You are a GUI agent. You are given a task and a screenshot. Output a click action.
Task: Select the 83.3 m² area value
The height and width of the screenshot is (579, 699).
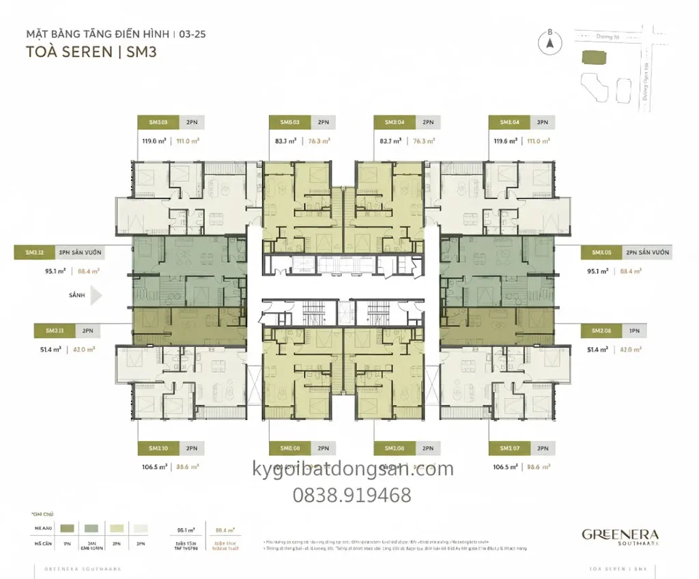(x=285, y=142)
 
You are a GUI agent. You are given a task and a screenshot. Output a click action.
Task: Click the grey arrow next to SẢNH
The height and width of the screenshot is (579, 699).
(x=96, y=296)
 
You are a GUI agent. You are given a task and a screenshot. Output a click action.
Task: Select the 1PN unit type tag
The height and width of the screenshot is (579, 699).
(x=634, y=330)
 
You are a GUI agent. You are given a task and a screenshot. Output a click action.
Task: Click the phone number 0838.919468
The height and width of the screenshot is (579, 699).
(x=352, y=495)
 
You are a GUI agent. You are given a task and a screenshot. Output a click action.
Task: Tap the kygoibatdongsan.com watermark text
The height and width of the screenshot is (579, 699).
(x=352, y=470)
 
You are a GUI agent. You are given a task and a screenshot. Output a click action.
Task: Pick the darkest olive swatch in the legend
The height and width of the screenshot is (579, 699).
(x=68, y=528)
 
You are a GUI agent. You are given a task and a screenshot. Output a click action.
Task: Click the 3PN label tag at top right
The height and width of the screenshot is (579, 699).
(x=542, y=122)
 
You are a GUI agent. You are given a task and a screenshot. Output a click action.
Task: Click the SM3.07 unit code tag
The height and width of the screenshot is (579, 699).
(x=510, y=449)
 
